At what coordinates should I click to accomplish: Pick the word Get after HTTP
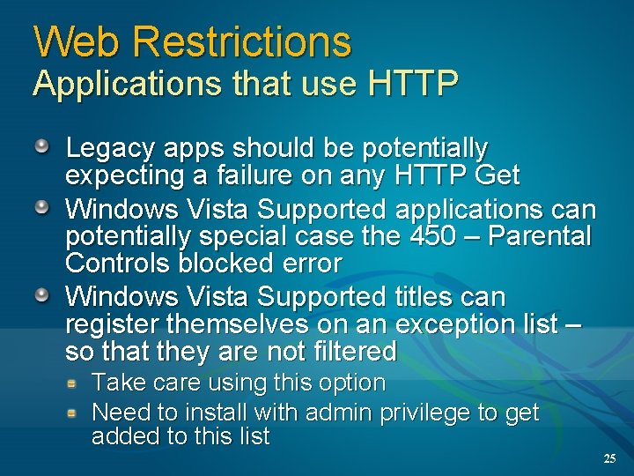pyautogui.click(x=497, y=175)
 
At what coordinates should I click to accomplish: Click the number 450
pyautogui.click(x=433, y=236)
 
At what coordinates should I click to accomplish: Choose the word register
pyautogui.click(x=110, y=324)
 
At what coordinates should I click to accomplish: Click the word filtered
pyautogui.click(x=349, y=351)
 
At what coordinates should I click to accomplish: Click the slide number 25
pyautogui.click(x=609, y=458)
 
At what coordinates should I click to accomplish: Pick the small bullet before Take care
pyautogui.click(x=76, y=383)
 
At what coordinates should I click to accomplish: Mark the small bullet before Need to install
pyautogui.click(x=76, y=412)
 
